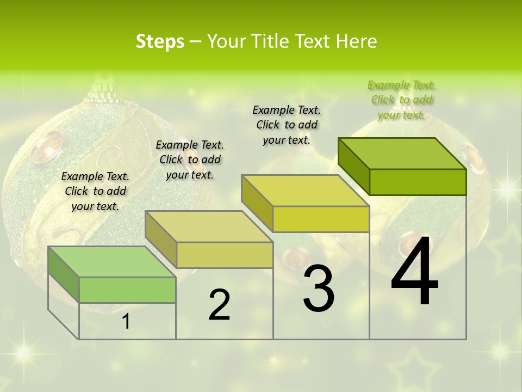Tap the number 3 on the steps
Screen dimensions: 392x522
click(318, 288)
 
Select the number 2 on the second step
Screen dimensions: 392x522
click(219, 305)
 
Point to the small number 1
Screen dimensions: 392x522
click(126, 321)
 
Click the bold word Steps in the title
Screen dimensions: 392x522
click(160, 41)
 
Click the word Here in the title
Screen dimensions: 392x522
click(357, 41)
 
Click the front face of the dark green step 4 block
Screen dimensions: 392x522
click(418, 182)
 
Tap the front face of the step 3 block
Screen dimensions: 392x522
click(321, 219)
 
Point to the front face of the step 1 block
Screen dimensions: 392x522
click(127, 290)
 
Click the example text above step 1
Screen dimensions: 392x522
click(95, 191)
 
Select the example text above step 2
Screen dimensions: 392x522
click(190, 160)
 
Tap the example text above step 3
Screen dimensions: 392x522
click(287, 125)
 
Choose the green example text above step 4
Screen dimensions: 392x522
click(401, 100)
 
